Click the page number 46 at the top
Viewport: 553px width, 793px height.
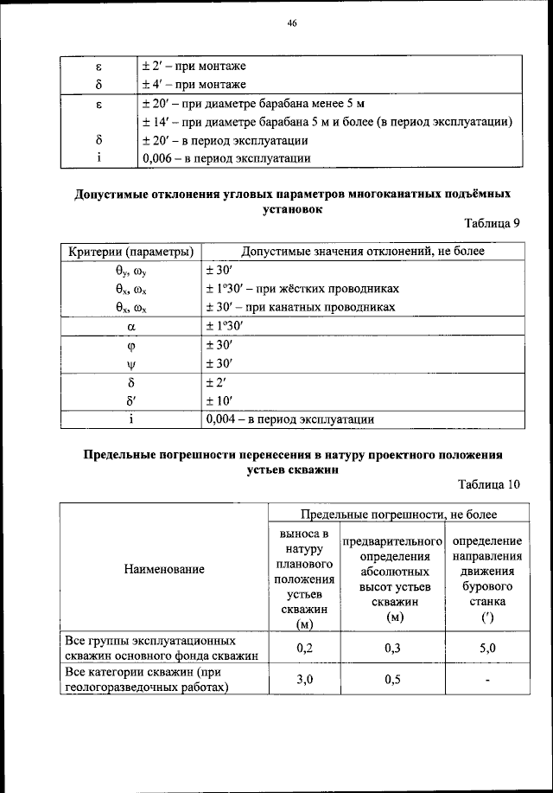[292, 24]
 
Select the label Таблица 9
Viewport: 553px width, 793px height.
[492, 223]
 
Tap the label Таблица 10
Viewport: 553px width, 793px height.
[489, 484]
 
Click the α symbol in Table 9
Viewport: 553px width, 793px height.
[130, 327]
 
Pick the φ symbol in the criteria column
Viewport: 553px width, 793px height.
[130, 345]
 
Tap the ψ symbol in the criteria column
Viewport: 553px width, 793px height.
[130, 363]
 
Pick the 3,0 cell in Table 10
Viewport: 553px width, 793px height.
[303, 680]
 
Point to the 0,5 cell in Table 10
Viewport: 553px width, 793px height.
[394, 680]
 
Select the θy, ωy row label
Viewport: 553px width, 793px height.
[131, 270]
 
